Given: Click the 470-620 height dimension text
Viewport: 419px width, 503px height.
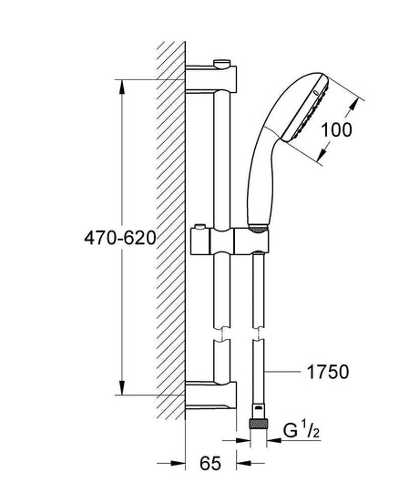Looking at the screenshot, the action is pos(120,239).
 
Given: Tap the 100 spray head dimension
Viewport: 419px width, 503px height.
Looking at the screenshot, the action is pos(336,130).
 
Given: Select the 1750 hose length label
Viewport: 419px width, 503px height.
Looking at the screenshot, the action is pos(328,372).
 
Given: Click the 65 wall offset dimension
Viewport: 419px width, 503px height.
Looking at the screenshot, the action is pos(210,463).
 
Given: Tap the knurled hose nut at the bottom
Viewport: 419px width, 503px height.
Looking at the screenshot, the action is pos(258,424).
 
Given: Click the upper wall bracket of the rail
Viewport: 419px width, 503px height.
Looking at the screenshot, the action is pos(211,79).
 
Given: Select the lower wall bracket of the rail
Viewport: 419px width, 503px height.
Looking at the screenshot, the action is pos(211,395).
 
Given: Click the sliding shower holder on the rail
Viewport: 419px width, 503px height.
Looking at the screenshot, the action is pos(230,241).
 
